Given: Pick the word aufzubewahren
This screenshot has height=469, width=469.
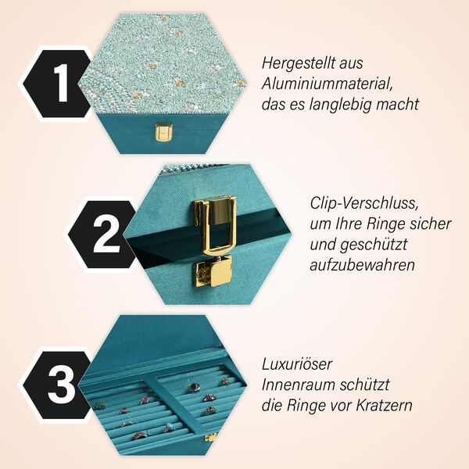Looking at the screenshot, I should [362, 265].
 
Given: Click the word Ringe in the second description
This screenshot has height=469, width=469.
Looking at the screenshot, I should [396, 224].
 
